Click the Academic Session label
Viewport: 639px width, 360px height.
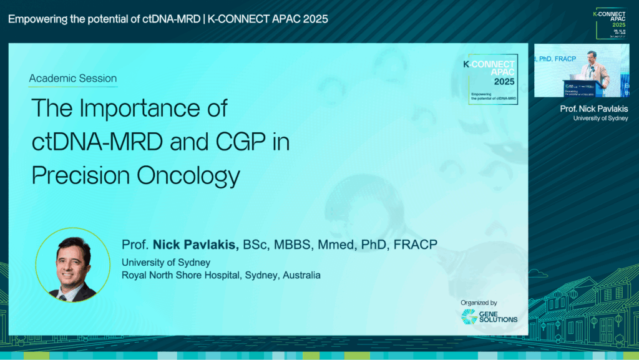(x=73, y=79)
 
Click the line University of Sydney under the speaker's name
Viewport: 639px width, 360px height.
(x=166, y=262)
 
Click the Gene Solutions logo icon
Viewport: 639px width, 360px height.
(x=469, y=317)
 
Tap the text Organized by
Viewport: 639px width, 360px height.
(x=479, y=303)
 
